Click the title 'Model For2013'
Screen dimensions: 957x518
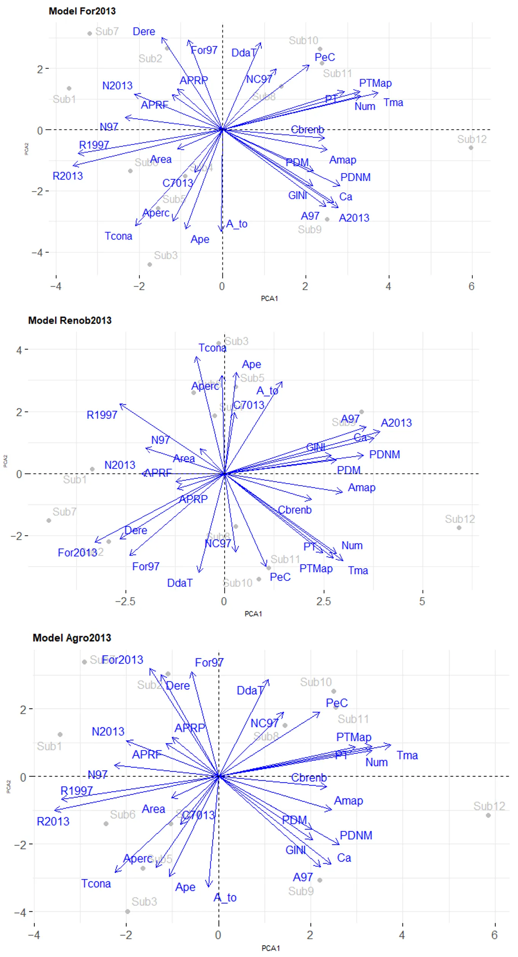tap(82, 11)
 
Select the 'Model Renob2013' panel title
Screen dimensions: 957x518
tap(70, 321)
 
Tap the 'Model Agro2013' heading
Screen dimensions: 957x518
tap(72, 638)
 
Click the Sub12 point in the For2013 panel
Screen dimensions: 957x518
tap(471, 148)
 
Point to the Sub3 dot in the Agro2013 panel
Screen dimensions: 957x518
tap(128, 912)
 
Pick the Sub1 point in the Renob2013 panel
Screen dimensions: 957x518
tap(92, 469)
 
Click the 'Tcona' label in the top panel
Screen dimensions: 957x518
tap(118, 236)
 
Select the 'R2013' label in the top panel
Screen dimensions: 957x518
tap(67, 176)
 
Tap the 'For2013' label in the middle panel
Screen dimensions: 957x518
tap(77, 553)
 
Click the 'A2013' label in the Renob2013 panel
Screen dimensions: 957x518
tap(396, 423)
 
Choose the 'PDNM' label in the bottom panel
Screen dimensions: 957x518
tap(356, 835)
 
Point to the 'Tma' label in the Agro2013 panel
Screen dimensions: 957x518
tap(407, 755)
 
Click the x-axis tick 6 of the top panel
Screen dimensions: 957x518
tap(472, 287)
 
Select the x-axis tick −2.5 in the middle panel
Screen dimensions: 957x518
tap(125, 601)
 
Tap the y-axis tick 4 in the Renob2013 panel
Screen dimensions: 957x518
tap(19, 350)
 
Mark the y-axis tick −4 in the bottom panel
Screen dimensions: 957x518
tap(20, 912)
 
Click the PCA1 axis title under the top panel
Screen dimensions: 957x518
tap(269, 298)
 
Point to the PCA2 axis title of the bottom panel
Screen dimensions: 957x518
tap(8, 787)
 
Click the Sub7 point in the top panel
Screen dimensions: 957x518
tap(90, 34)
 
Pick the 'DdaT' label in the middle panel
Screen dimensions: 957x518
tap(180, 583)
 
